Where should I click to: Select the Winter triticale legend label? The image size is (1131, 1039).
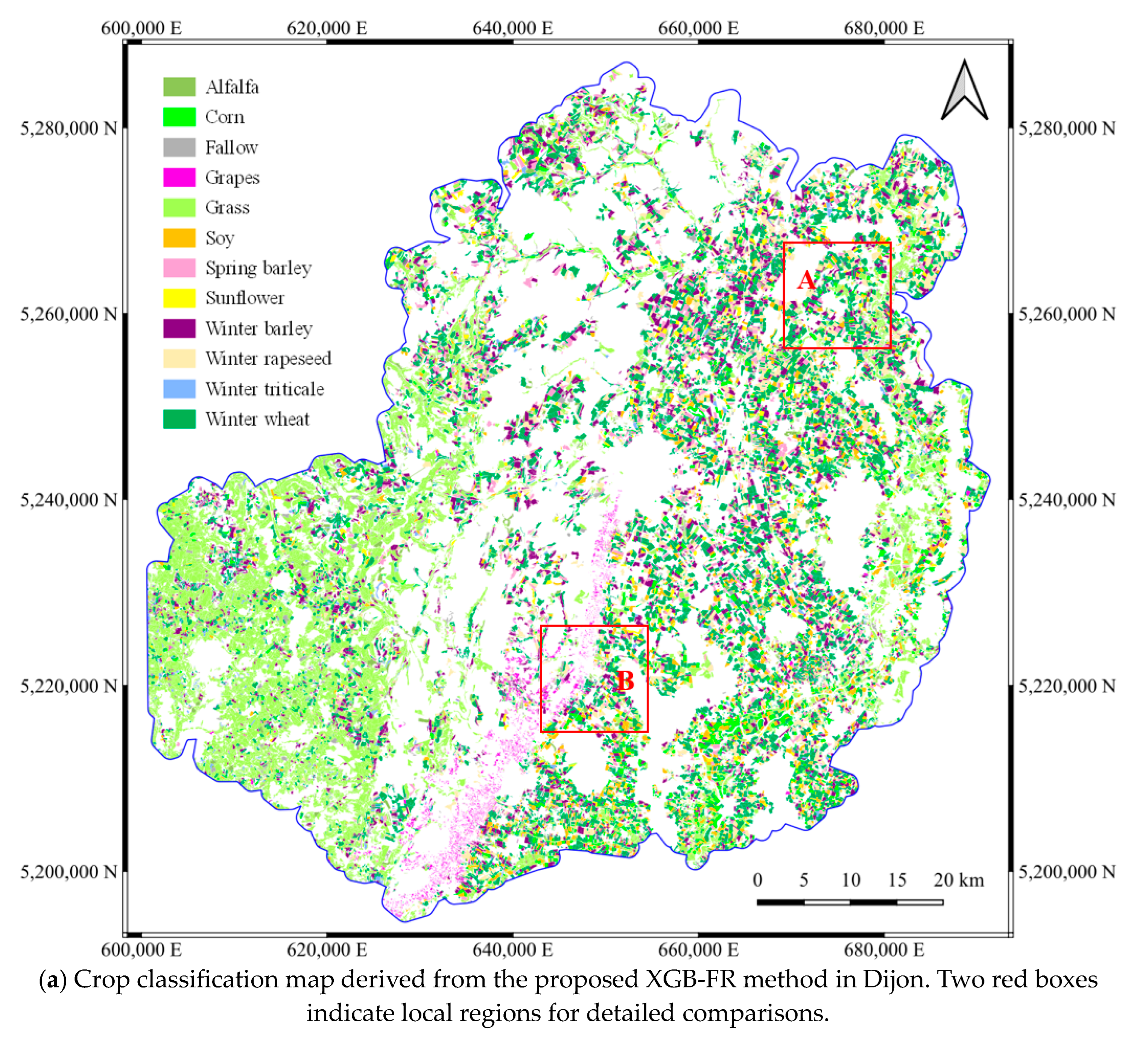pyautogui.click(x=265, y=389)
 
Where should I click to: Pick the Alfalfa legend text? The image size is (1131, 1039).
pyautogui.click(x=232, y=87)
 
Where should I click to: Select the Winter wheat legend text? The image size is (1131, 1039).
pyautogui.click(x=257, y=419)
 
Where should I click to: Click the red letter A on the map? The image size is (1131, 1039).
pyautogui.click(x=806, y=280)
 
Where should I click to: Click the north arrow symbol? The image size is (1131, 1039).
pyautogui.click(x=964, y=91)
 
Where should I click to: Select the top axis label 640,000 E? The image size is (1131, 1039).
pyautogui.click(x=512, y=28)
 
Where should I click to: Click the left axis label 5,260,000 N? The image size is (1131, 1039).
pyautogui.click(x=68, y=314)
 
